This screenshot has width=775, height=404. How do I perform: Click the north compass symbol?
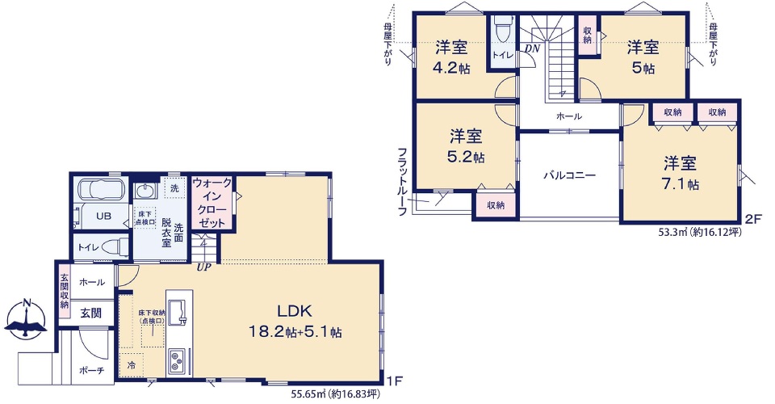pos(27,319)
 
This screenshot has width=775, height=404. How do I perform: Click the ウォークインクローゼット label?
pos(212,204)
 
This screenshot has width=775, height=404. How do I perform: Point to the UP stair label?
pos(203,267)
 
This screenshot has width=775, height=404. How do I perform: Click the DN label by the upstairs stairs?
pos(532,49)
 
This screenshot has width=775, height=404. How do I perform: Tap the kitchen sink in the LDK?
pos(178,313)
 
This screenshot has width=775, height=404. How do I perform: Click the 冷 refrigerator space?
pos(131,365)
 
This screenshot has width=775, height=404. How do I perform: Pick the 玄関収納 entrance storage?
pos(65,291)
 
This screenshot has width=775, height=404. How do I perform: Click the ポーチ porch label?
pos(91,370)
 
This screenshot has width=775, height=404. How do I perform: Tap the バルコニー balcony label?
pos(569,175)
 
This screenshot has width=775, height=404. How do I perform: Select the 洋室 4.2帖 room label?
pos(451,57)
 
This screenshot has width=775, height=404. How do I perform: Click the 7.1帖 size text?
pos(680,184)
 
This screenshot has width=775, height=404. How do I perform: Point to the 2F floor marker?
pos(753,219)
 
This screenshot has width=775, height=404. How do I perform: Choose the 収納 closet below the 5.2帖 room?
pos(496,204)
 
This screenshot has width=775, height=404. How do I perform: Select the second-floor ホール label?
pos(569,116)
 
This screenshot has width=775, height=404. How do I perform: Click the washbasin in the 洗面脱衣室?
pos(145,191)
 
